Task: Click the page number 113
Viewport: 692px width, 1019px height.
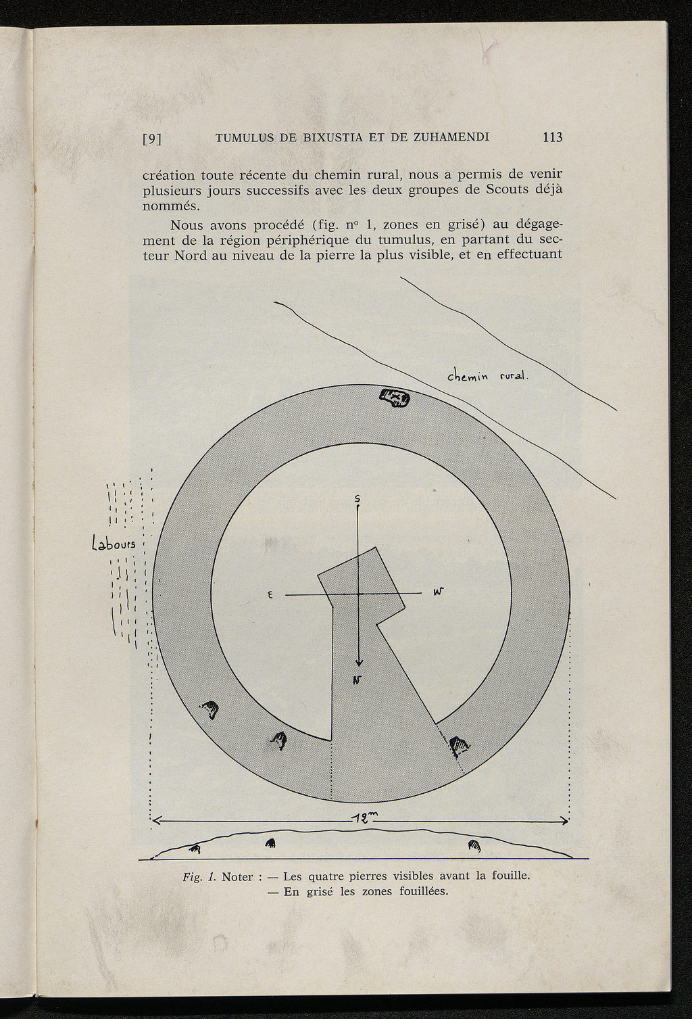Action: point(551,137)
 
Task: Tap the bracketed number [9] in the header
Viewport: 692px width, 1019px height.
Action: point(153,139)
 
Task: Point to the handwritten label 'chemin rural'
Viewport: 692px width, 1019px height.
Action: point(487,377)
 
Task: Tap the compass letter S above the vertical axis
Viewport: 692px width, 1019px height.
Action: point(357,498)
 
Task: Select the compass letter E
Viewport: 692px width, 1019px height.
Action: point(270,595)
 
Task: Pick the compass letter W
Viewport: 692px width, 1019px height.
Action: point(438,592)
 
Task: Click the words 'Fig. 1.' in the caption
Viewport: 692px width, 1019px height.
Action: point(199,877)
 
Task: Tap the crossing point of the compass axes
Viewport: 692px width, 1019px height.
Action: point(359,594)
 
